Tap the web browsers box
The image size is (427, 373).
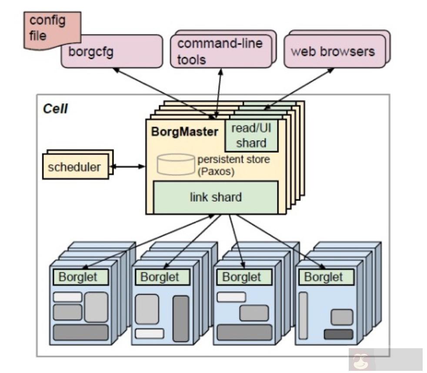(333, 51)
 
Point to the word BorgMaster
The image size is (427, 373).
(185, 132)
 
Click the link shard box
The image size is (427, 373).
(216, 197)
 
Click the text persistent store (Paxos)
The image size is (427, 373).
(234, 165)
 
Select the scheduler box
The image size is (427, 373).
(75, 167)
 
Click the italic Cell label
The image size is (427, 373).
(55, 108)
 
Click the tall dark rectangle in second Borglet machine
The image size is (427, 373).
(181, 318)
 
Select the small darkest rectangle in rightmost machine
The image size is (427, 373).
(338, 334)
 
